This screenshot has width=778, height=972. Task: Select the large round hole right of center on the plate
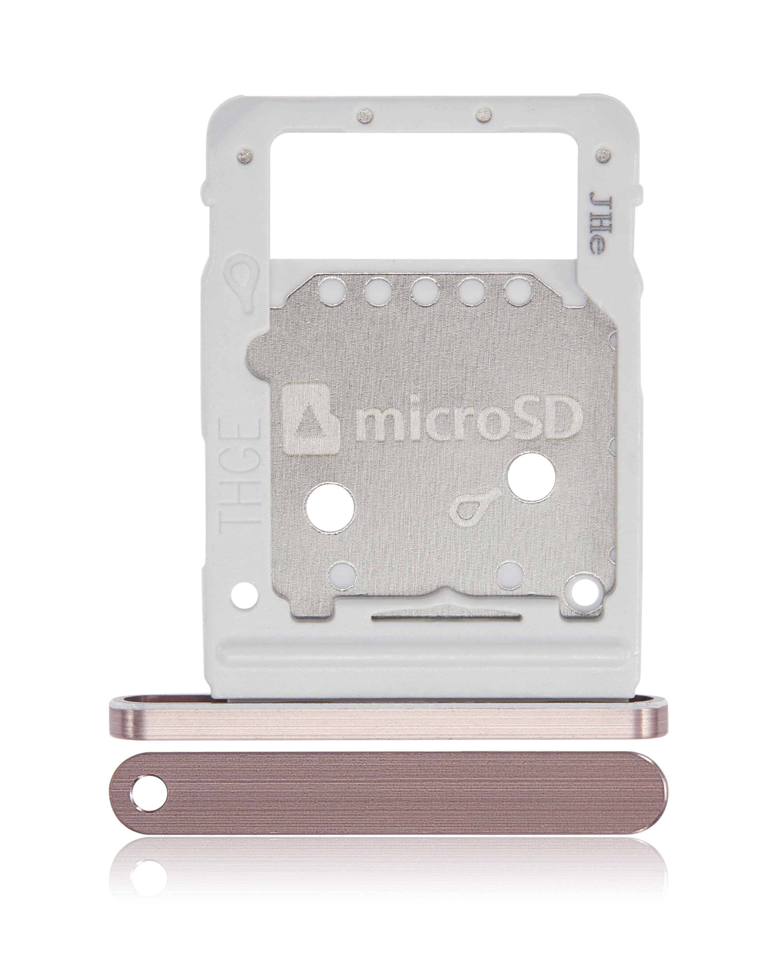click(x=530, y=486)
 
